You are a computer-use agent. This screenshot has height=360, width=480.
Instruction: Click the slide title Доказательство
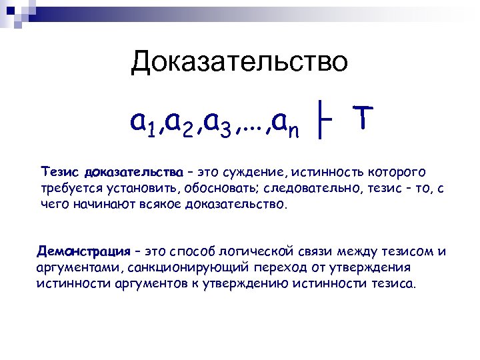click(x=239, y=62)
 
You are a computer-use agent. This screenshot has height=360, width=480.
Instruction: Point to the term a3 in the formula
click(x=218, y=123)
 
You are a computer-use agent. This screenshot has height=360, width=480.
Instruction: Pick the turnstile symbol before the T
click(x=325, y=123)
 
